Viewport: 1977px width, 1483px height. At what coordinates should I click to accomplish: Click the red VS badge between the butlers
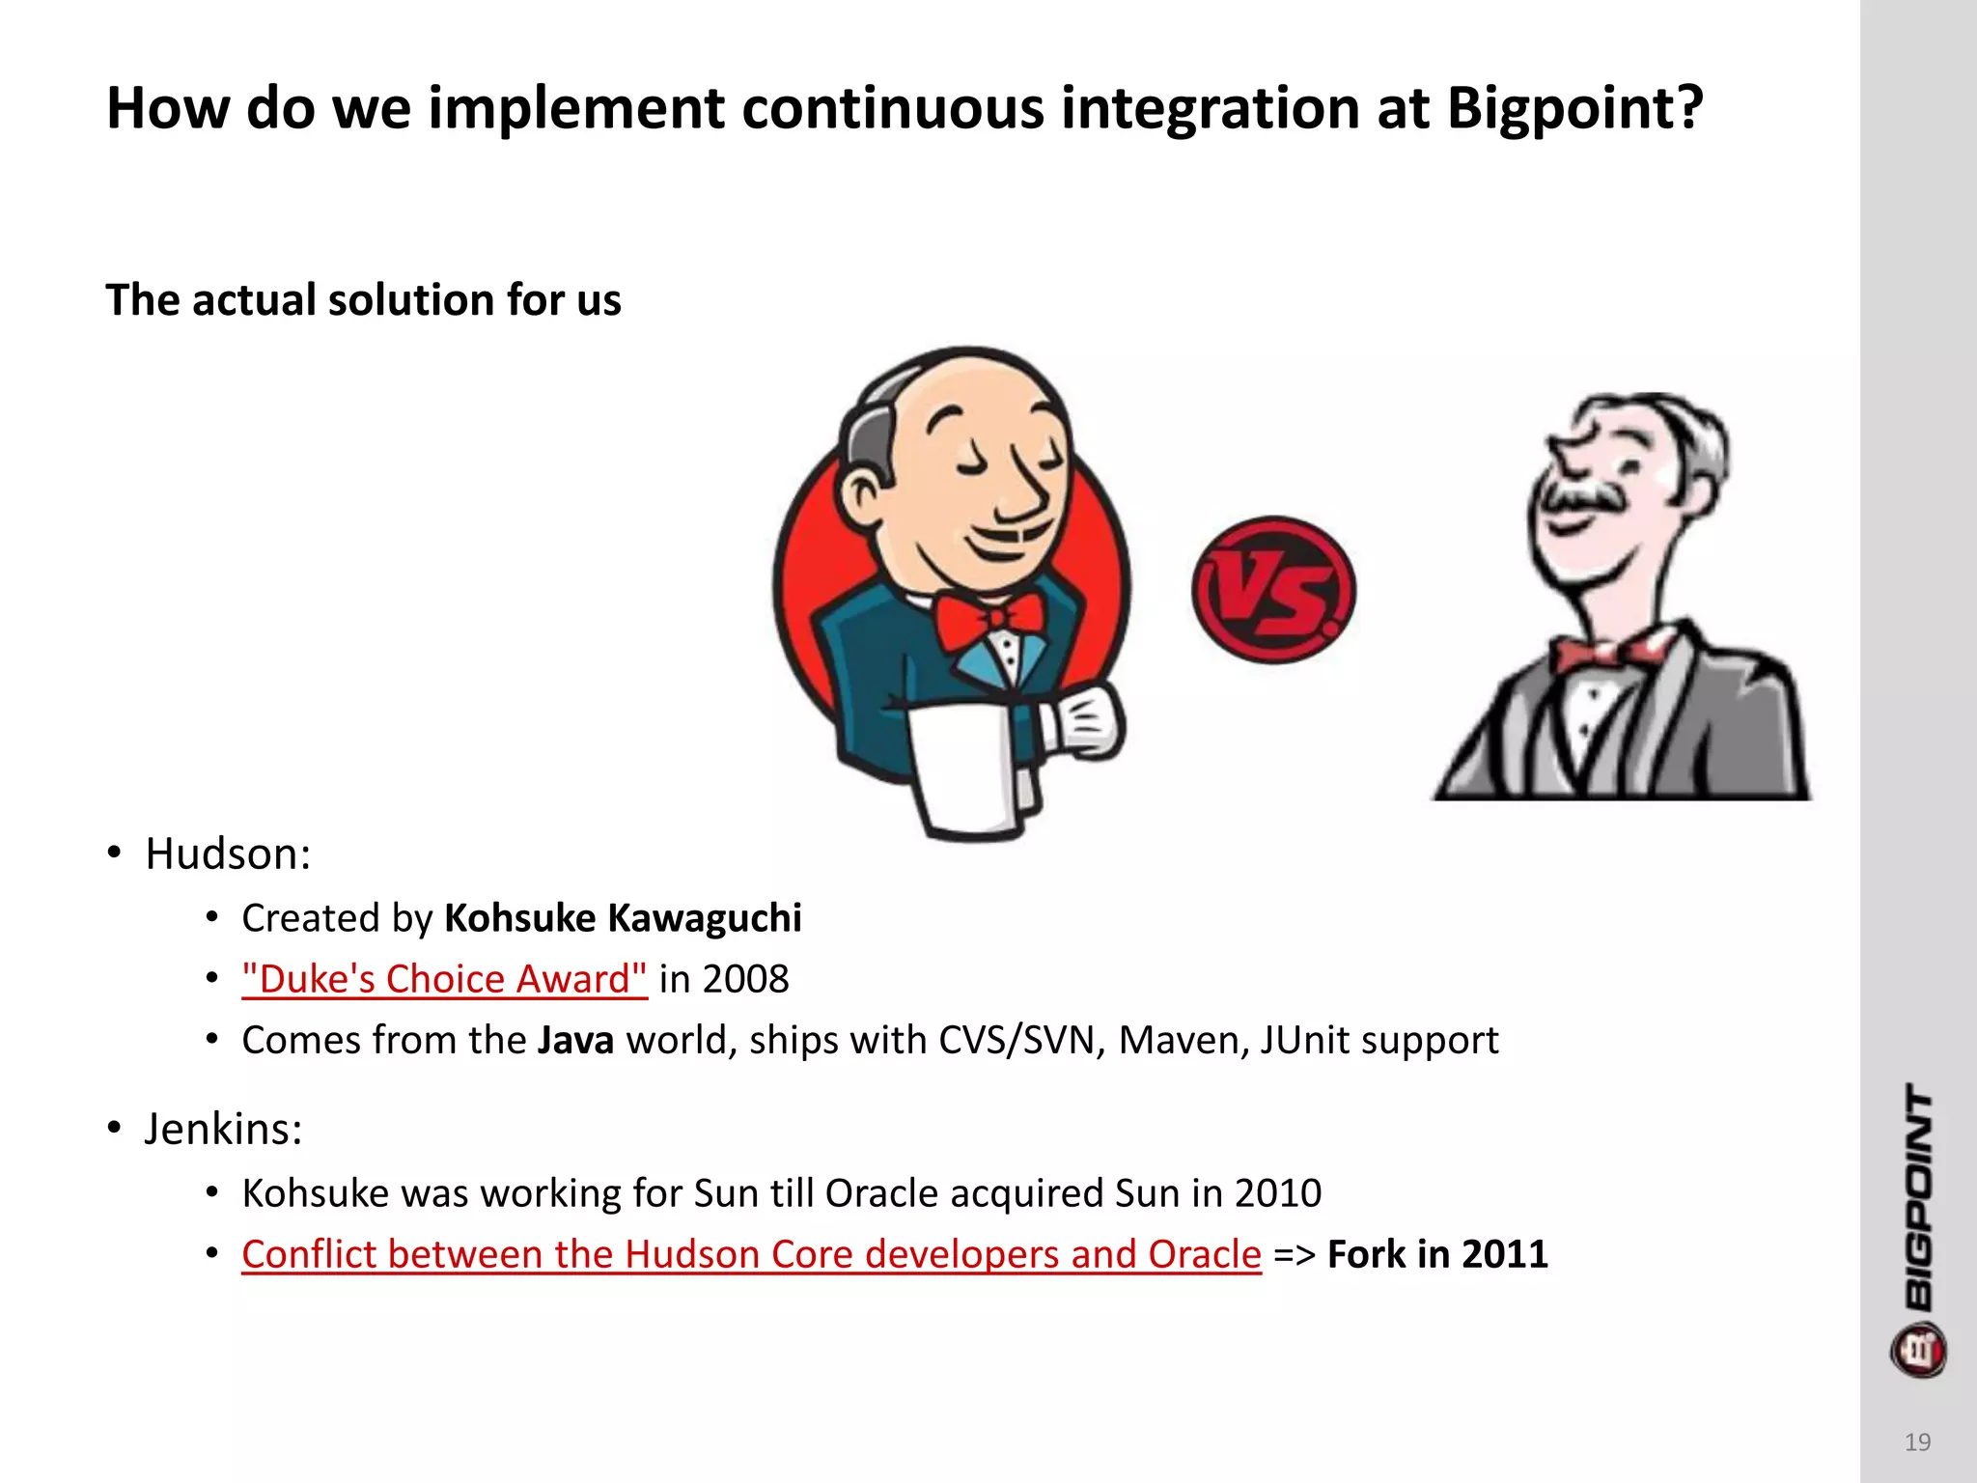1273,589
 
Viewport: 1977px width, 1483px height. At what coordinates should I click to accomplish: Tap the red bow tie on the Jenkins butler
989,620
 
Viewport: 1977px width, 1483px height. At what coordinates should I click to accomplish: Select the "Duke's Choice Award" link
444,979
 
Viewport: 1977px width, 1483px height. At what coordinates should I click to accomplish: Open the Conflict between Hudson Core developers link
751,1254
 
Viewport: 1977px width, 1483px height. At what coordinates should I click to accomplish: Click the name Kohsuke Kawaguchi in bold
623,918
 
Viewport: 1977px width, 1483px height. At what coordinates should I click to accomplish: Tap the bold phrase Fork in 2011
1437,1254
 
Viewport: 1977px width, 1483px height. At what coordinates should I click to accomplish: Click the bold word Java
575,1041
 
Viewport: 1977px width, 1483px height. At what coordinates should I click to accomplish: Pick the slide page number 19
1917,1442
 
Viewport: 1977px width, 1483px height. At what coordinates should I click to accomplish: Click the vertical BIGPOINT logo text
1919,1197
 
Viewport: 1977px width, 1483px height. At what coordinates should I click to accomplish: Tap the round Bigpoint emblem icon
1918,1351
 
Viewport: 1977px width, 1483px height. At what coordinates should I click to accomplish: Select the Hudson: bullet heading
228,854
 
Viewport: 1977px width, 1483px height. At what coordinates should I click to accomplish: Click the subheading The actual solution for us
363,300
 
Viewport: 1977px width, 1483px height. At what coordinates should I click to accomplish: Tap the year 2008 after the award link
745,979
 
